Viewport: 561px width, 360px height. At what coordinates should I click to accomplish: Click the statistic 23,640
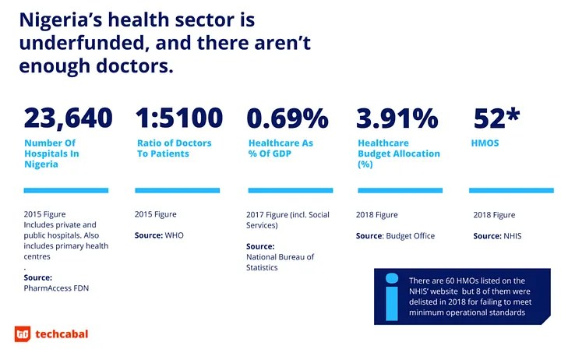(x=69, y=118)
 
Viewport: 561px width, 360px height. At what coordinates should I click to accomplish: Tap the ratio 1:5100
(x=179, y=118)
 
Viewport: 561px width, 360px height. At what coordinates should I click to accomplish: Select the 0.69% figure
(x=288, y=118)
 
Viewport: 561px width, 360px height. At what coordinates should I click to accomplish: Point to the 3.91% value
(x=397, y=118)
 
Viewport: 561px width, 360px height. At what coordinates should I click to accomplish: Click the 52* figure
(x=497, y=118)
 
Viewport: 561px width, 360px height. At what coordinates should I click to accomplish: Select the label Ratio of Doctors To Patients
(x=174, y=148)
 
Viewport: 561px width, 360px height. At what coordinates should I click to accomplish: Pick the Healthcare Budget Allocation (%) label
(x=398, y=154)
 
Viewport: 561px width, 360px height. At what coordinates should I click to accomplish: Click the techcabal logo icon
(x=23, y=335)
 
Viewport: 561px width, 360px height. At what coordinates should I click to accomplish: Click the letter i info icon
(x=392, y=285)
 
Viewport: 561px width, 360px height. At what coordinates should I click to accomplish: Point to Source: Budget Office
(x=395, y=235)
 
